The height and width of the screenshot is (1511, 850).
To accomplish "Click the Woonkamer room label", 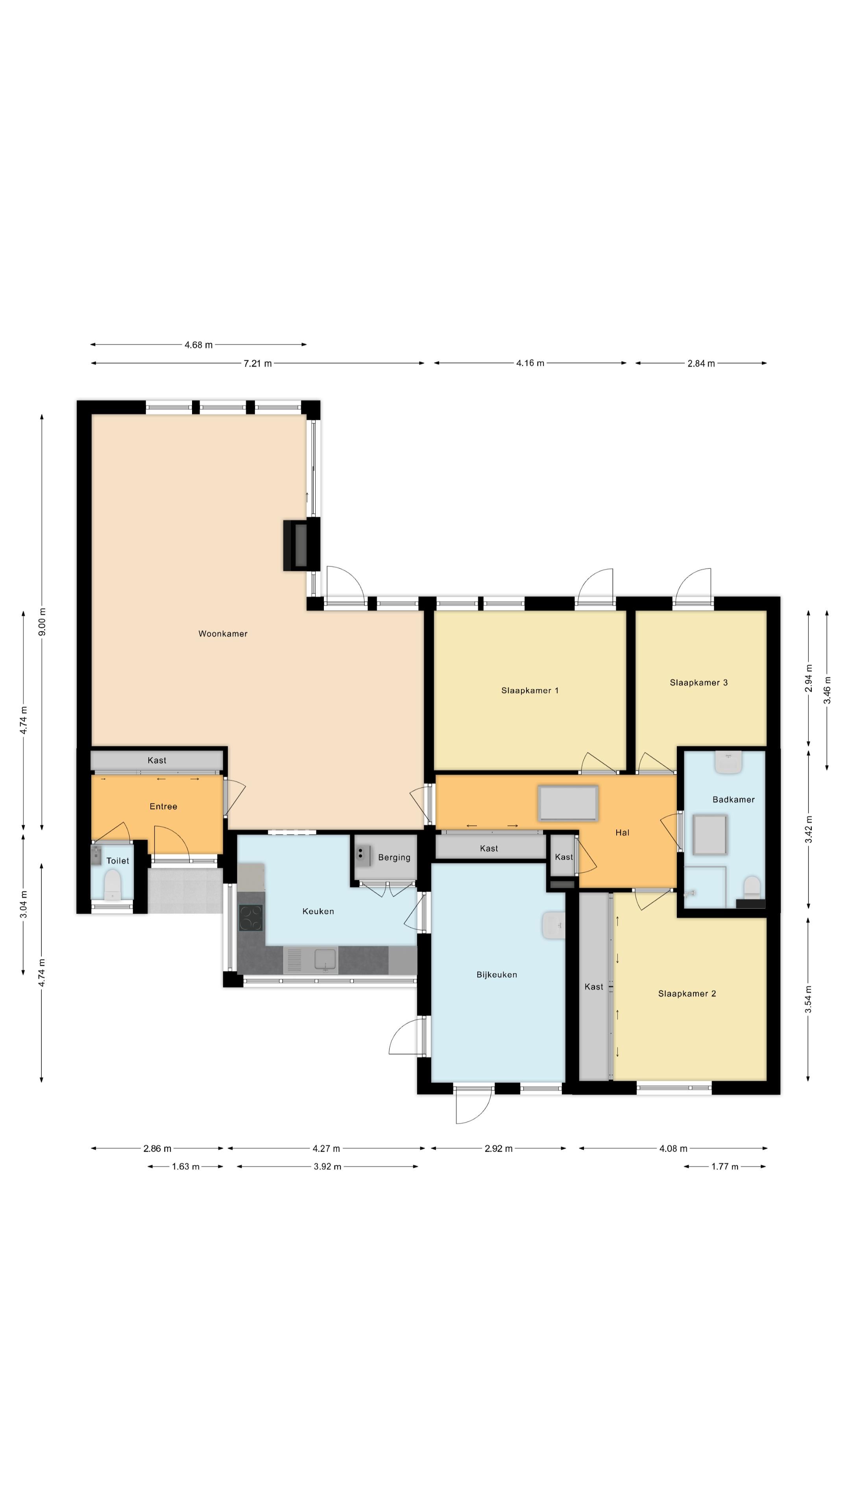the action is [223, 634].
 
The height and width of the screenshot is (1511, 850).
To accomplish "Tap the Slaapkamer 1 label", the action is [530, 691].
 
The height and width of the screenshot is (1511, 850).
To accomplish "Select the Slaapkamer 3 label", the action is [698, 682].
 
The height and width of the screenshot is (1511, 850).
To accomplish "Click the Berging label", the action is [394, 857].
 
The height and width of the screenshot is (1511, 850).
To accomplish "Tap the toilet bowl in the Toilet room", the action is [112, 885].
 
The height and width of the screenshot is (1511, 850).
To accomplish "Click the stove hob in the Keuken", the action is [251, 918].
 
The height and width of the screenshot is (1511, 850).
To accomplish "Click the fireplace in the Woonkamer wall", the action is [301, 545].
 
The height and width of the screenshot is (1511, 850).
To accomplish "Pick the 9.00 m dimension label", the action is [42, 622].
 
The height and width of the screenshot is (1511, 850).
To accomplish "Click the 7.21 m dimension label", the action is [257, 364].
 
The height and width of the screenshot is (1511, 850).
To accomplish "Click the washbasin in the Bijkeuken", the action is [553, 925].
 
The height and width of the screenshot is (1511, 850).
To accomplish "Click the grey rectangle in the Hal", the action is [568, 804].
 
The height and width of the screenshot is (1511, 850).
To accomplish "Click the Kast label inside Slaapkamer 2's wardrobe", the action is [594, 986].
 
